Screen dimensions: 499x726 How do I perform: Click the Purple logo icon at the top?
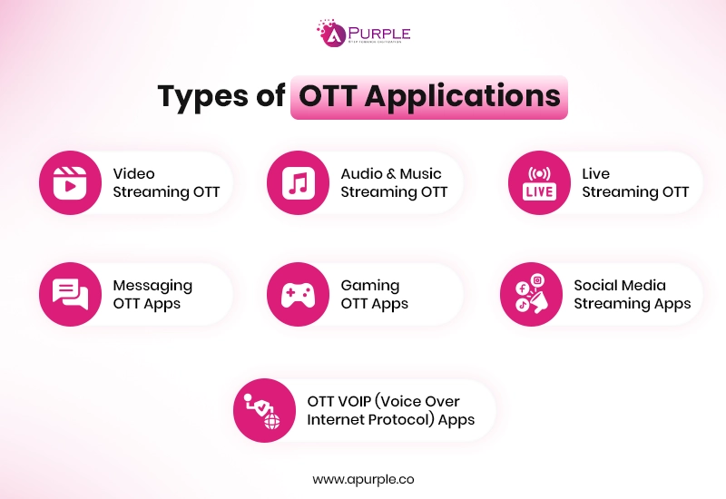(330, 33)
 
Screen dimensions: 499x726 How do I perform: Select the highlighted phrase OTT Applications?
(429, 96)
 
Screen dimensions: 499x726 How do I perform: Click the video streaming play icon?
(70, 182)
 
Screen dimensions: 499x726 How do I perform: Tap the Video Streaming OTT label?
(166, 182)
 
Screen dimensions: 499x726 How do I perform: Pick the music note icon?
(298, 182)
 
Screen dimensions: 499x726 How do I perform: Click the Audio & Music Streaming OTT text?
(394, 182)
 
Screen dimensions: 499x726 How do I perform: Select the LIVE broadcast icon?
(539, 182)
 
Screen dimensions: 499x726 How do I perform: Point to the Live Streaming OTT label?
(635, 182)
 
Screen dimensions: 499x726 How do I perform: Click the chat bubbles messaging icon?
(70, 294)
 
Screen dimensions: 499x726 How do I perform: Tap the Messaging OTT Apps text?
(152, 294)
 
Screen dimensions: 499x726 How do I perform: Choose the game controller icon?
(298, 294)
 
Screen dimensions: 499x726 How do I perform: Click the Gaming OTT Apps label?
(374, 294)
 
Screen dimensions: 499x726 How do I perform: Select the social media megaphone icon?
(531, 294)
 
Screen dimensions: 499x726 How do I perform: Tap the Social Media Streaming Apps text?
(632, 294)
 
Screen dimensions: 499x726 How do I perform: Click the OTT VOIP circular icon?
(264, 410)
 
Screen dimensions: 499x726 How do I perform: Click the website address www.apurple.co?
(363, 478)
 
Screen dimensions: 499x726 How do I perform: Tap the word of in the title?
(270, 96)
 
